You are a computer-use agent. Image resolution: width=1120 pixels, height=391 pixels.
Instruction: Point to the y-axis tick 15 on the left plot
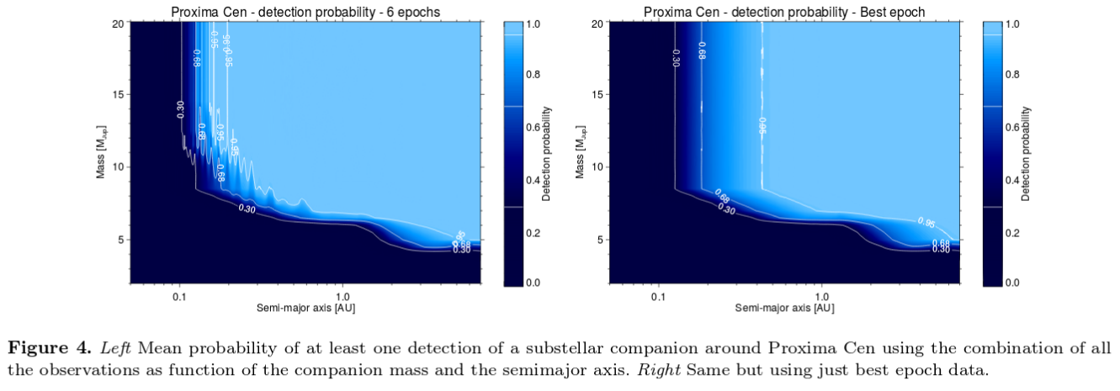coord(118,94)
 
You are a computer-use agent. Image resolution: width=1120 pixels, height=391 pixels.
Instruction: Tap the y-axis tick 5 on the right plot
coord(597,240)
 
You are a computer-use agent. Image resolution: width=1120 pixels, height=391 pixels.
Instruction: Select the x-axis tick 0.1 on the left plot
coord(179,298)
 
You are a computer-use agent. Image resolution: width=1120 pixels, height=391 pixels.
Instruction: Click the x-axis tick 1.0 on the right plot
coord(822,298)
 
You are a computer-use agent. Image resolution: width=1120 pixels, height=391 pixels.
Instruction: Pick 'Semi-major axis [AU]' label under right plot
coord(785,309)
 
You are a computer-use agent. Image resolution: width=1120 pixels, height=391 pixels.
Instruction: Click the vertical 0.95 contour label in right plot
coord(763,125)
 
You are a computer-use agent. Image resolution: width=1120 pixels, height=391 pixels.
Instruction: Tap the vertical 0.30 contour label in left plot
coord(181,109)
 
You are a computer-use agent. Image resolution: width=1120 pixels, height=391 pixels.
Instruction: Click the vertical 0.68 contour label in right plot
coord(702,50)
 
